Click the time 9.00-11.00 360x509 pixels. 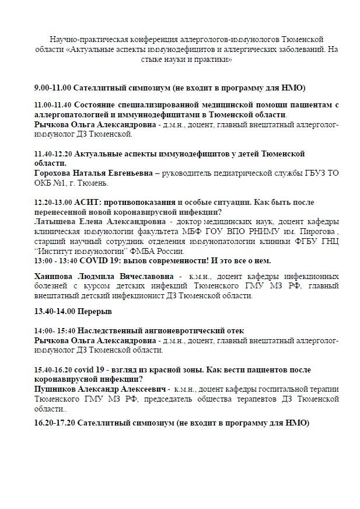pos(53,88)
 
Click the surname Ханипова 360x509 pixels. pos(55,276)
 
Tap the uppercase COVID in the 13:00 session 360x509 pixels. pos(90,260)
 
